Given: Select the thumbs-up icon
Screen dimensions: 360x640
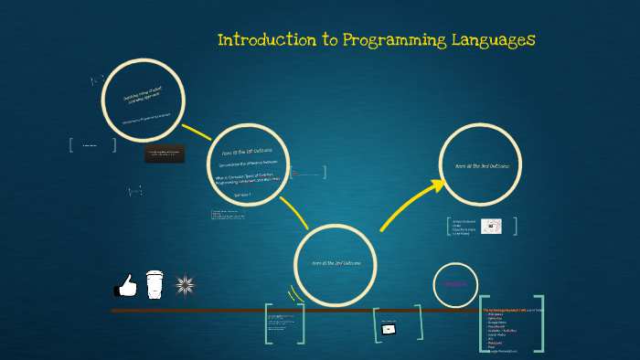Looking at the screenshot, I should (124, 287).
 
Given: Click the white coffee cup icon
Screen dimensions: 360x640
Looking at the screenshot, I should (154, 283).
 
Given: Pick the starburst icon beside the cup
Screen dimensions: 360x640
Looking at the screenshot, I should (186, 285).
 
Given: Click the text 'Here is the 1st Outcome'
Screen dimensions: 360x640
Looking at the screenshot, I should (248, 154).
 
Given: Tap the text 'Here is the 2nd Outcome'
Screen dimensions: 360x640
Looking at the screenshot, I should (336, 263).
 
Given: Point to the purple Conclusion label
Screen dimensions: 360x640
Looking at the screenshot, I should (454, 284).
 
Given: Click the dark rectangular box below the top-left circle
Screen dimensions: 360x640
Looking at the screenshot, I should (165, 154).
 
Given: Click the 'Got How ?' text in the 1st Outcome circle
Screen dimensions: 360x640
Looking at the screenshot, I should (242, 196).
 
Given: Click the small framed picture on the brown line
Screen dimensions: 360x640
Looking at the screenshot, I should (389, 327).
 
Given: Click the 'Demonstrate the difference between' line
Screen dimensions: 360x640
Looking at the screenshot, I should (247, 164).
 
